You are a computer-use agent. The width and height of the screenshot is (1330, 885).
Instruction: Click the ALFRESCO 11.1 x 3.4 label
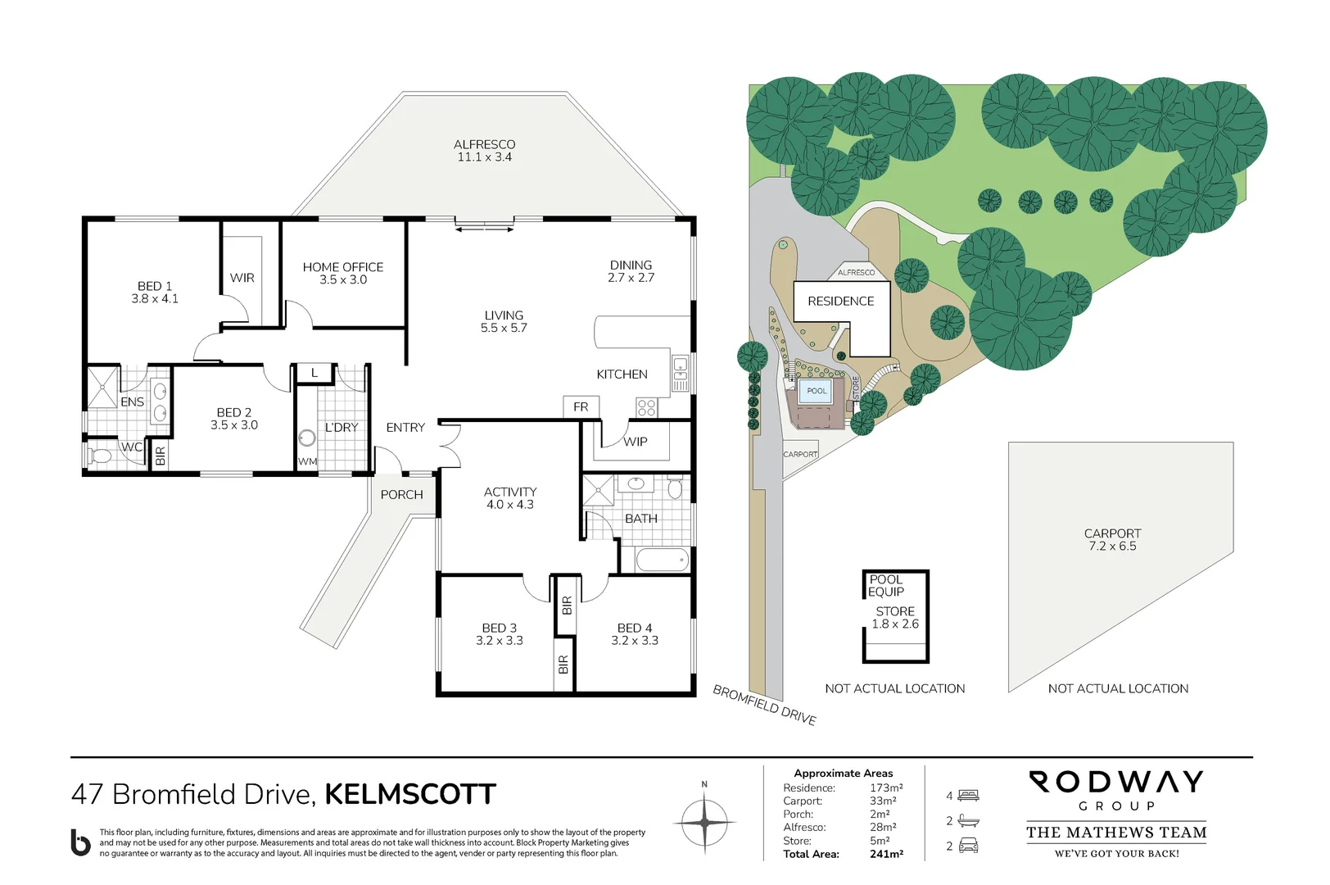pyautogui.click(x=484, y=151)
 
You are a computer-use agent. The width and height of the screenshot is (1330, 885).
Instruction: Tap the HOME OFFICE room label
pyautogui.click(x=342, y=267)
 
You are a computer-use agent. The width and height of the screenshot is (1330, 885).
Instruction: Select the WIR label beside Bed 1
pyautogui.click(x=242, y=278)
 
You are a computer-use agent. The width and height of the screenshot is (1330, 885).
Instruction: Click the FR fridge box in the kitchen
pyautogui.click(x=581, y=406)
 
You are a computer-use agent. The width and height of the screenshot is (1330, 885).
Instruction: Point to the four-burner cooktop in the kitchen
pyautogui.click(x=646, y=407)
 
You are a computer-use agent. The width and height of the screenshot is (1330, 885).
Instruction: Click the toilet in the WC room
pyautogui.click(x=101, y=456)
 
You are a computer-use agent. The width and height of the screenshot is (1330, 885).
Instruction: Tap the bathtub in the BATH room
pyautogui.click(x=662, y=560)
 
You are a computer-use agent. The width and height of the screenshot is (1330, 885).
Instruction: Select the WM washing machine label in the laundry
pyautogui.click(x=307, y=461)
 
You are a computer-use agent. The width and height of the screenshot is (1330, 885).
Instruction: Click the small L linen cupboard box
pyautogui.click(x=314, y=373)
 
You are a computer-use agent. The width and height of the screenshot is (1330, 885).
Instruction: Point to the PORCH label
pyautogui.click(x=401, y=495)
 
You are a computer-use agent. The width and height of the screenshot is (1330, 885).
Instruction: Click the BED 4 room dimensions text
pyautogui.click(x=635, y=641)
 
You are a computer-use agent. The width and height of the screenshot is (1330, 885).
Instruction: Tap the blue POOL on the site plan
pyautogui.click(x=817, y=391)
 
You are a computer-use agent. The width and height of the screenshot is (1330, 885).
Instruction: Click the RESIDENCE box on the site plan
pyautogui.click(x=841, y=302)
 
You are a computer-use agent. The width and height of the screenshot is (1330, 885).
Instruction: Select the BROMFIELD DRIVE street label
pyautogui.click(x=764, y=705)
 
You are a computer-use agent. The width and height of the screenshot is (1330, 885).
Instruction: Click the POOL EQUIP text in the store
pyautogui.click(x=886, y=585)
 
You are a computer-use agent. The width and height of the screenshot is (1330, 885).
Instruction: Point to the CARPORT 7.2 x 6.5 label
pyautogui.click(x=1112, y=539)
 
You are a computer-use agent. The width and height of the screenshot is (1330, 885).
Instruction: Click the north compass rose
pyautogui.click(x=704, y=822)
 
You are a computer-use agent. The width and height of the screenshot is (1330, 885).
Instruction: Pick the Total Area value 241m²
pyautogui.click(x=886, y=854)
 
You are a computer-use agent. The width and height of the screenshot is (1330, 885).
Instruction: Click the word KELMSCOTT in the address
pyautogui.click(x=410, y=794)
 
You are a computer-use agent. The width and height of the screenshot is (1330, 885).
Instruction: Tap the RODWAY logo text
pyautogui.click(x=1115, y=782)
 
